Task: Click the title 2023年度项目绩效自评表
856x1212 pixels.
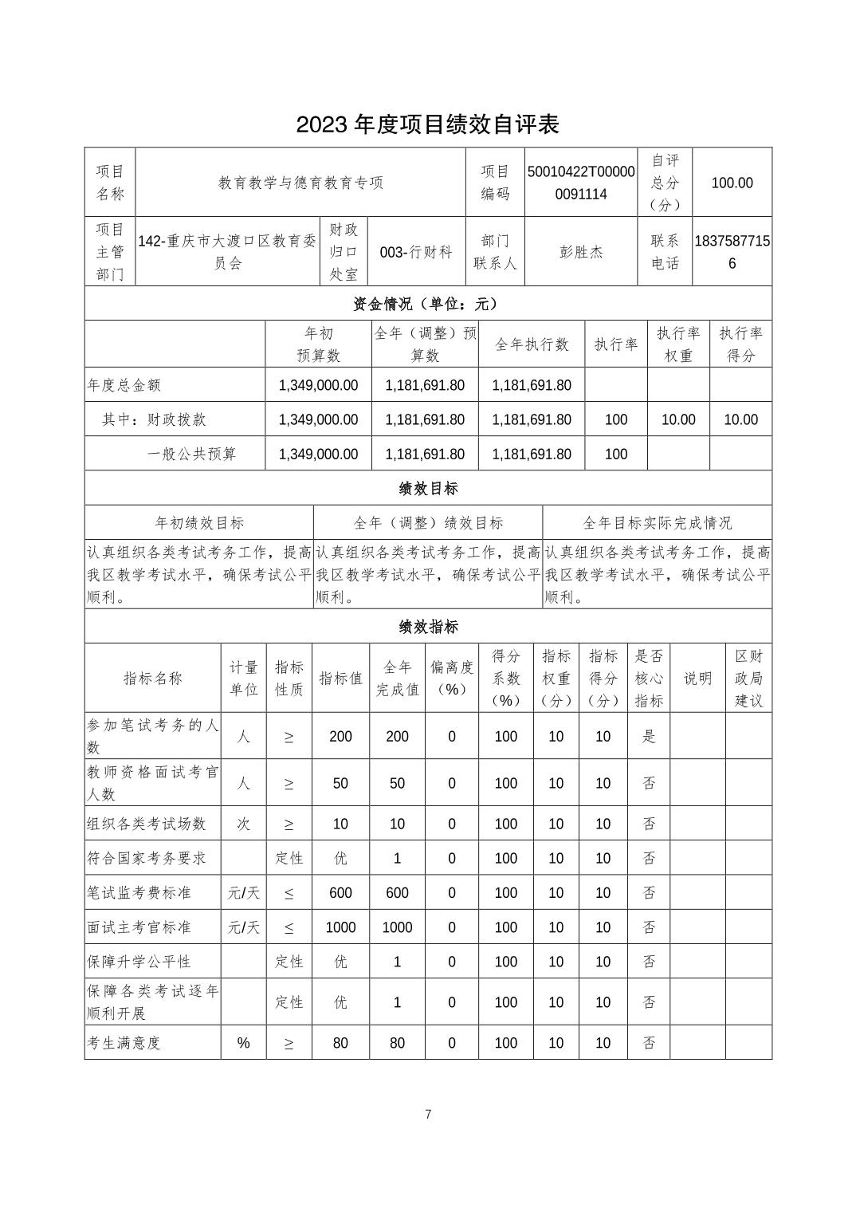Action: click(428, 124)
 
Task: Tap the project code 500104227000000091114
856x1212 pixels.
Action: click(581, 183)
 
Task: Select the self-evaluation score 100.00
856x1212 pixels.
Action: click(732, 183)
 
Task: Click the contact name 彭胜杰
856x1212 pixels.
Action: click(581, 252)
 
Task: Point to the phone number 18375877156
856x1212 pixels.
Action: click(732, 252)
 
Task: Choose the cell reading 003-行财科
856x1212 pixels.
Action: click(415, 252)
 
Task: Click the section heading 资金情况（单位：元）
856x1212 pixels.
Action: click(428, 304)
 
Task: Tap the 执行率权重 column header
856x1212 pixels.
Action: click(677, 344)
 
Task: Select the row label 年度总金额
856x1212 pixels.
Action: click(124, 385)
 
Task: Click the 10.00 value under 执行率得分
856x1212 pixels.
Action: click(740, 419)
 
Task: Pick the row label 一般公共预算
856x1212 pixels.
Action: click(192, 454)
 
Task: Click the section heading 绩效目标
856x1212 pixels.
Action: click(428, 488)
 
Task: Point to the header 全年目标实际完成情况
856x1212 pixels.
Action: click(657, 523)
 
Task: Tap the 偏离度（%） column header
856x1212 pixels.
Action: click(452, 678)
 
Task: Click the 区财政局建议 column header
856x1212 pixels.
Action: click(748, 678)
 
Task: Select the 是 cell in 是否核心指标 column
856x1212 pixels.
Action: click(649, 736)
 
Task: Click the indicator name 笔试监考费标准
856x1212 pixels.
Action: click(139, 893)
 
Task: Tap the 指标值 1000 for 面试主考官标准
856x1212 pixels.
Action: click(340, 927)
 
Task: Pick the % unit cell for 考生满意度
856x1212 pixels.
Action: click(243, 1043)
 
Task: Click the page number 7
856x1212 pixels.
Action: click(428, 1115)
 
